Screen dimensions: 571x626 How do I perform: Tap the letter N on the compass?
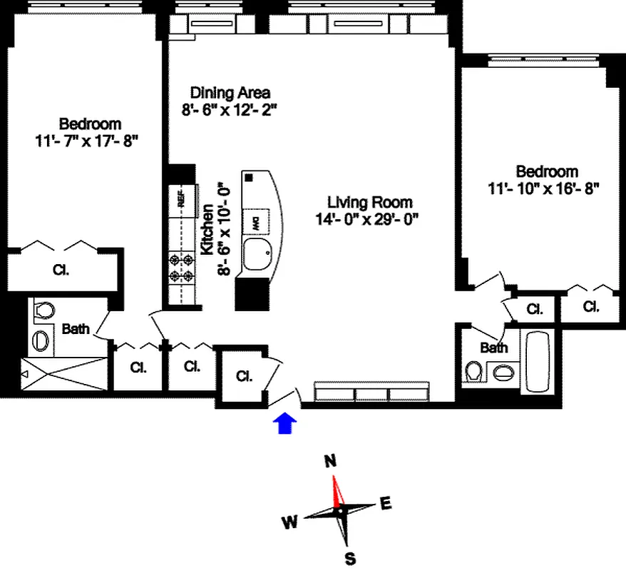pos(330,461)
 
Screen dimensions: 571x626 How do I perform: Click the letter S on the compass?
pos(350,558)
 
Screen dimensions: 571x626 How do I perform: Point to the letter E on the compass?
pos(386,503)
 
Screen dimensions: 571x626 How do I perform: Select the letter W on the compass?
pos(289,523)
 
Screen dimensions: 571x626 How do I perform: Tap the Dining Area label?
pos(230,93)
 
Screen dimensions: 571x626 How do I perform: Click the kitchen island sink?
pos(256,253)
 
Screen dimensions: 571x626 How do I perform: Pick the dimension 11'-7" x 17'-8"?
pos(86,141)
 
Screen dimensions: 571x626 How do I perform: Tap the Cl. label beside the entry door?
pos(244,375)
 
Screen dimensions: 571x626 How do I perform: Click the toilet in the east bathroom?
pos(473,372)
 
